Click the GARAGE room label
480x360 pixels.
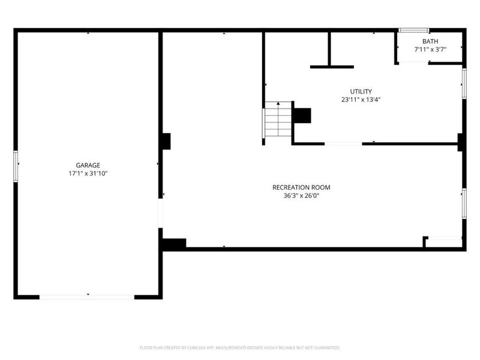(x=88, y=165)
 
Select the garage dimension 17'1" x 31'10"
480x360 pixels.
(x=88, y=173)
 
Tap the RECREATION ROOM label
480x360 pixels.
(x=301, y=187)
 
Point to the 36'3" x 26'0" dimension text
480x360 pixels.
(x=301, y=196)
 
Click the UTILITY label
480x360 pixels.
(x=361, y=91)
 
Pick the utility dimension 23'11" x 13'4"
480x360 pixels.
(x=361, y=100)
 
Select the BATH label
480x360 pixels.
(x=430, y=41)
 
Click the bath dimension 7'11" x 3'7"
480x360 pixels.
(x=430, y=50)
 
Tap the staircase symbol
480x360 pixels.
(x=278, y=119)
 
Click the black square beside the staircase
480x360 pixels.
(x=302, y=115)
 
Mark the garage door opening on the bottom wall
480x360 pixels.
(x=87, y=296)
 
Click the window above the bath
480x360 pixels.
(x=414, y=30)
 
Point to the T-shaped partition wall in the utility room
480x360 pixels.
(x=330, y=60)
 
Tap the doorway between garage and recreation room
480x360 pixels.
(x=160, y=213)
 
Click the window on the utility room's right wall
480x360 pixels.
(x=464, y=83)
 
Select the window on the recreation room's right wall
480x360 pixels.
(x=464, y=203)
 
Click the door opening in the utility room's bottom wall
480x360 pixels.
(x=343, y=143)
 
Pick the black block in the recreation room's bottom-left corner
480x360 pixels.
(x=173, y=244)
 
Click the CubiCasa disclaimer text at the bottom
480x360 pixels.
(x=240, y=347)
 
